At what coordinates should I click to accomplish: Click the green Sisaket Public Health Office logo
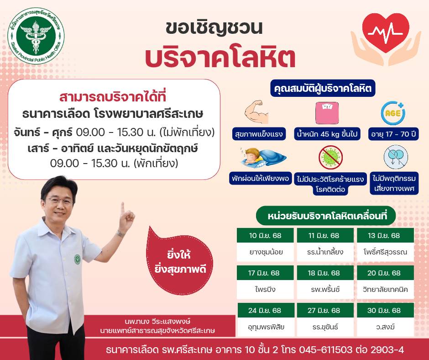(x=36, y=36)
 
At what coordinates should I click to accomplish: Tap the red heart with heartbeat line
(x=386, y=32)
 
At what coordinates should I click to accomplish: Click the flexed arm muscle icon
(x=256, y=112)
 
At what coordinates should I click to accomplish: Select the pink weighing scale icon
(x=327, y=113)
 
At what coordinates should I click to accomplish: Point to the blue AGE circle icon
(x=393, y=113)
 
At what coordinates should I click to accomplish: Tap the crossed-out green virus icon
(x=330, y=157)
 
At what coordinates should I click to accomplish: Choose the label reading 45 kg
(x=328, y=134)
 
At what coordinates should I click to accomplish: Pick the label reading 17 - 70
(x=393, y=134)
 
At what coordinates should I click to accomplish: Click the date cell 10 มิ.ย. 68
(x=265, y=235)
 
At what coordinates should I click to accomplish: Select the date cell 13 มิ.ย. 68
(x=385, y=235)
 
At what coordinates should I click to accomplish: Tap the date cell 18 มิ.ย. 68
(x=325, y=273)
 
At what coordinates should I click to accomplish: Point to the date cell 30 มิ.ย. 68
(x=385, y=310)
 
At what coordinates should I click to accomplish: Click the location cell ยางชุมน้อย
(x=265, y=252)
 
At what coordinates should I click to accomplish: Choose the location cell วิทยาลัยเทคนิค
(x=385, y=289)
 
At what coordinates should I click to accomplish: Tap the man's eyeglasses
(x=60, y=201)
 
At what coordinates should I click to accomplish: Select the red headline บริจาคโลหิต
(x=220, y=58)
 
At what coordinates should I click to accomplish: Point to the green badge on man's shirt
(x=78, y=259)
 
